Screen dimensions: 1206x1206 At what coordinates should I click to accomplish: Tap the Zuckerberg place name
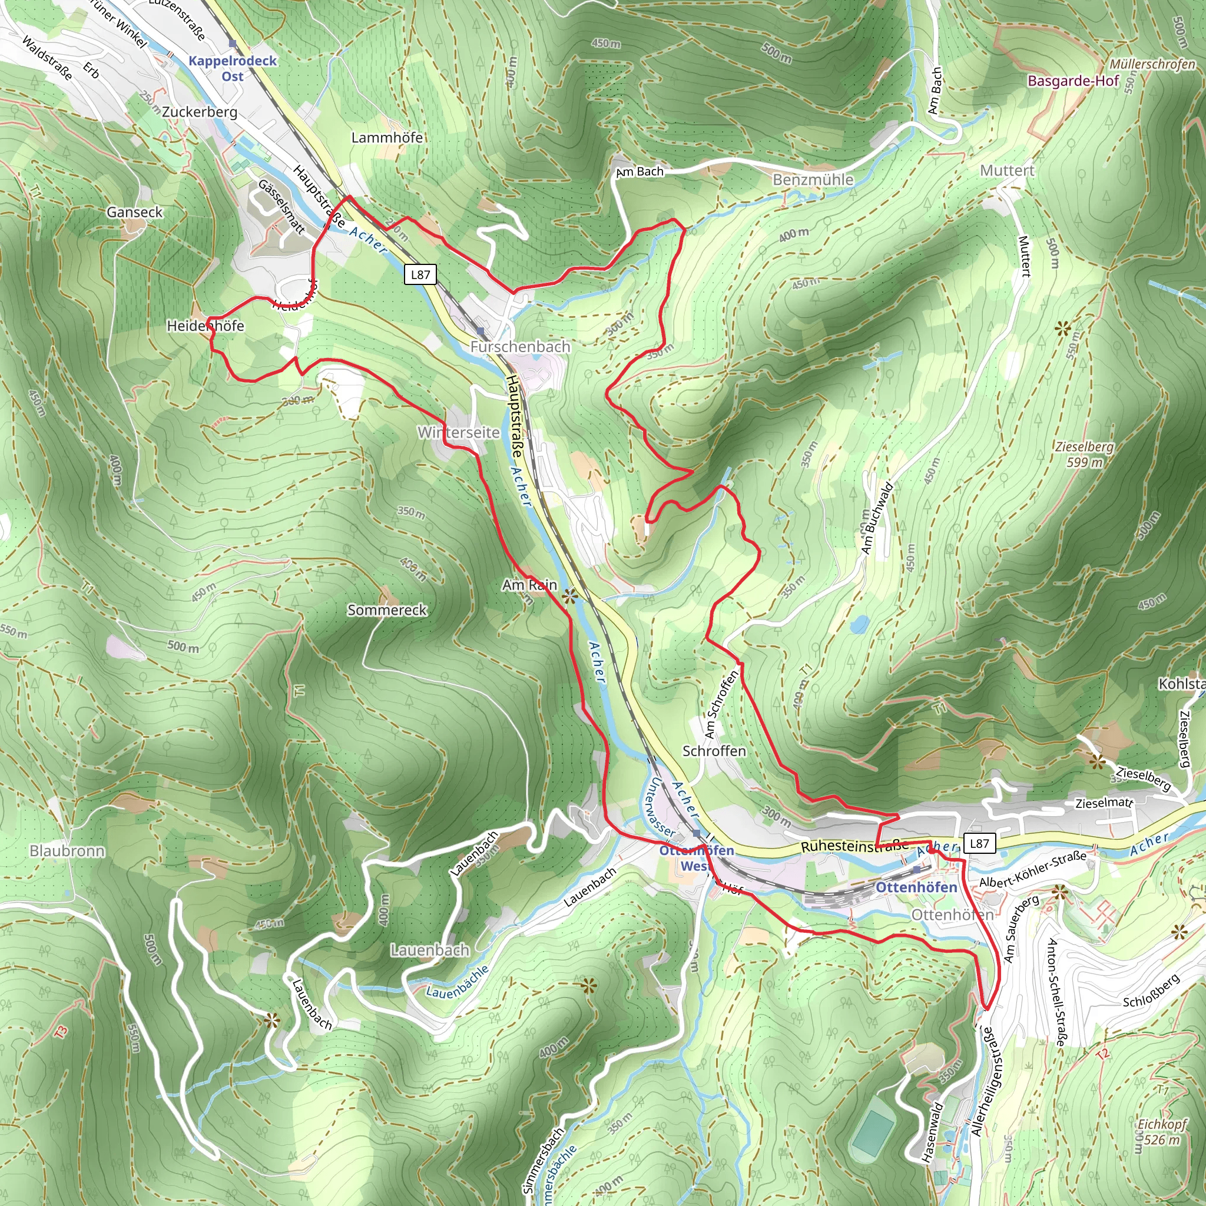[x=200, y=112]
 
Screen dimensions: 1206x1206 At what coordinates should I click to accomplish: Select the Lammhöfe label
[x=387, y=137]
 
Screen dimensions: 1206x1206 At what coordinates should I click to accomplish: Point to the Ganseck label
[x=134, y=212]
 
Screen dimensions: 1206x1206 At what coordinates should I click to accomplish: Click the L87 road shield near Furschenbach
[x=420, y=274]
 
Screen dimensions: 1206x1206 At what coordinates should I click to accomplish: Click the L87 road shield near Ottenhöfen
[x=979, y=843]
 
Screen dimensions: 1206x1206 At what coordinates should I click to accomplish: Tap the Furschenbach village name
[x=520, y=346]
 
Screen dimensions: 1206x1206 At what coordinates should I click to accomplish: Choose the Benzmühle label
[x=813, y=180]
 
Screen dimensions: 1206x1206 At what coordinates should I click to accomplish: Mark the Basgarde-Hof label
[x=1073, y=81]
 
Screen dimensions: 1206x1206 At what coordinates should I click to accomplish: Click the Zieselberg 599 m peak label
[x=1084, y=454]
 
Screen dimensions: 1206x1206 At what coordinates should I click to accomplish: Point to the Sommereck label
[x=387, y=610]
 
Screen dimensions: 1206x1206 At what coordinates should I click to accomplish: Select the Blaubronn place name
[x=67, y=851]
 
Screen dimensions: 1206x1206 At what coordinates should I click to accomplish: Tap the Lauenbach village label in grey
[x=429, y=949]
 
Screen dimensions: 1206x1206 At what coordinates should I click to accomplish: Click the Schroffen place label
[x=714, y=750]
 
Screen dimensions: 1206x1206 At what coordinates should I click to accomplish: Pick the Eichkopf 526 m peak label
[x=1161, y=1131]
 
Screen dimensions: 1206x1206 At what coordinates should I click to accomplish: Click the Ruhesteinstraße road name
[x=854, y=846]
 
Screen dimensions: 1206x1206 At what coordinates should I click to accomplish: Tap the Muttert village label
[x=1007, y=170]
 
